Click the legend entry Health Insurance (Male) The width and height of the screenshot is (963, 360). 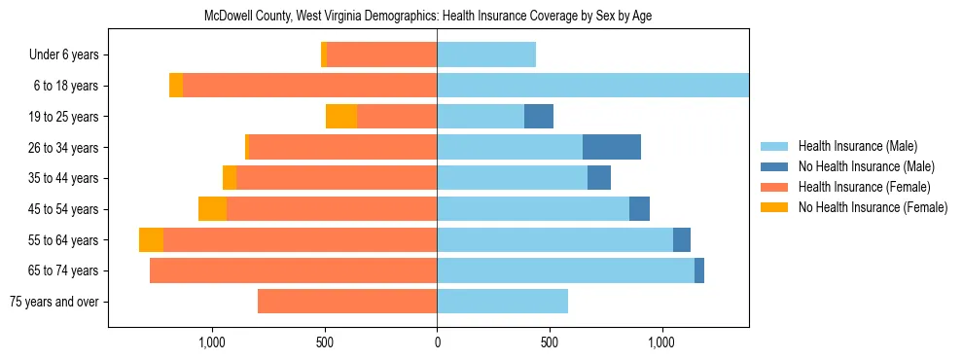(x=856, y=146)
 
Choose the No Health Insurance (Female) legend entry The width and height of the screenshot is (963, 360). (x=872, y=207)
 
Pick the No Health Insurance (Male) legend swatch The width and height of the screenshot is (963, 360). (x=775, y=166)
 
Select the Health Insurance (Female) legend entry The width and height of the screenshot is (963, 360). (x=864, y=187)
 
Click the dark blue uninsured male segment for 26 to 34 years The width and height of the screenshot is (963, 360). (x=611, y=147)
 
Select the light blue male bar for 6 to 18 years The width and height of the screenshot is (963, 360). (x=592, y=86)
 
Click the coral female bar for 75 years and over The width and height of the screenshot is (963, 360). (x=346, y=302)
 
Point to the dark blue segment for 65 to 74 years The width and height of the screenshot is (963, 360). (x=699, y=270)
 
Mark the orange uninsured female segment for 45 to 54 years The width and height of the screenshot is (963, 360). (x=212, y=209)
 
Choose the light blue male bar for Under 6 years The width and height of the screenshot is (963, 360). (x=485, y=55)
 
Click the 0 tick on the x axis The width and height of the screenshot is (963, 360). (x=437, y=342)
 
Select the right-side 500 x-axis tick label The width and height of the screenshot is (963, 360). (x=549, y=342)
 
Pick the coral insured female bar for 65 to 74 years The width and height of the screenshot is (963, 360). (x=293, y=270)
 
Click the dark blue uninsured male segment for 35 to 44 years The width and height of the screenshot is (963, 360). (x=599, y=178)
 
